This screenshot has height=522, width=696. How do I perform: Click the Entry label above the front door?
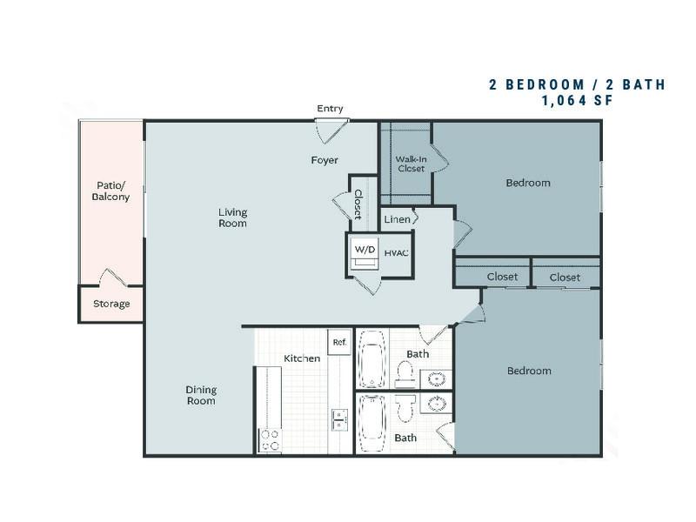330,109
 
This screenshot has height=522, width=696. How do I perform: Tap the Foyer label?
325,160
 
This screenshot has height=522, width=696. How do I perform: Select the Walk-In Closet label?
411,164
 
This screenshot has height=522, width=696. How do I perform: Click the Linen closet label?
397,219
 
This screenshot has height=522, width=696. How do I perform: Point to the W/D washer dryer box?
365,254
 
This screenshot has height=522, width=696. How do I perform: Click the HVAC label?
397,253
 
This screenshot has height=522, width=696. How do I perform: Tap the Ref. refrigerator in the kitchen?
339,342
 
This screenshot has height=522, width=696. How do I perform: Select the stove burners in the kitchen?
270,441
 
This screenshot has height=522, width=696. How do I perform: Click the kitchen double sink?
339,420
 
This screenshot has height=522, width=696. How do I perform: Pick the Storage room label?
111,304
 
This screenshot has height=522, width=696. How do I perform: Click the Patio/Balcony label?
110,191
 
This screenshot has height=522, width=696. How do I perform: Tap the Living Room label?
232,217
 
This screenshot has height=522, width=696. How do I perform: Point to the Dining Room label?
201,395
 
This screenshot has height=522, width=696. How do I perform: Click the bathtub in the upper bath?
372,359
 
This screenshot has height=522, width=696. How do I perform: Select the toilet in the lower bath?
405,408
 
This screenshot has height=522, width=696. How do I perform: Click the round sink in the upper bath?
437,379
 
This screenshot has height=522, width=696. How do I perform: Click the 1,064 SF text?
577,101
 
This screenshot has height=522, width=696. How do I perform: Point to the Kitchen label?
302,358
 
